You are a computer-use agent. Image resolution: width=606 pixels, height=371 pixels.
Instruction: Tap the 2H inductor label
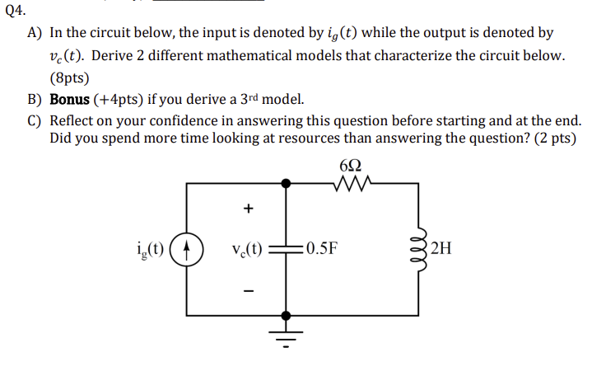(x=441, y=247)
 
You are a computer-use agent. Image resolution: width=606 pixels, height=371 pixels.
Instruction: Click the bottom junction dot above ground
(x=286, y=315)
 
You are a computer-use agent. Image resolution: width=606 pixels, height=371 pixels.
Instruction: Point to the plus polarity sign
(x=247, y=209)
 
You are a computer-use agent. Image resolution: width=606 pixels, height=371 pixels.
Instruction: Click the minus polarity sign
(x=247, y=290)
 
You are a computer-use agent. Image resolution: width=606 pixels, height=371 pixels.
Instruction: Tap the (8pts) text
(x=69, y=77)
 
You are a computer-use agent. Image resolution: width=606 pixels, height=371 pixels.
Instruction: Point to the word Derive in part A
(x=100, y=56)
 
